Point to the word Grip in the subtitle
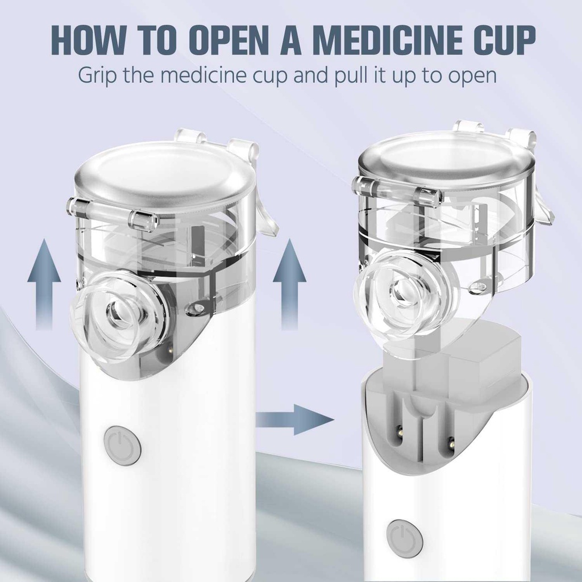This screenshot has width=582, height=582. [97, 76]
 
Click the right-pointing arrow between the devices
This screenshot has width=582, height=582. [294, 420]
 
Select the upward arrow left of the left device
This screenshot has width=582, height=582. [44, 284]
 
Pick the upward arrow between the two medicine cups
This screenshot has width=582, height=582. [289, 284]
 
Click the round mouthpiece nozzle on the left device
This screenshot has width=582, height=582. [118, 317]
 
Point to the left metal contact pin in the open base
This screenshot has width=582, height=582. [400, 431]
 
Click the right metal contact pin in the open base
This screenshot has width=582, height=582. [451, 442]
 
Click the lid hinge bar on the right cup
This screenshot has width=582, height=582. [397, 190]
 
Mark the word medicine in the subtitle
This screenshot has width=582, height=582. [224, 74]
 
